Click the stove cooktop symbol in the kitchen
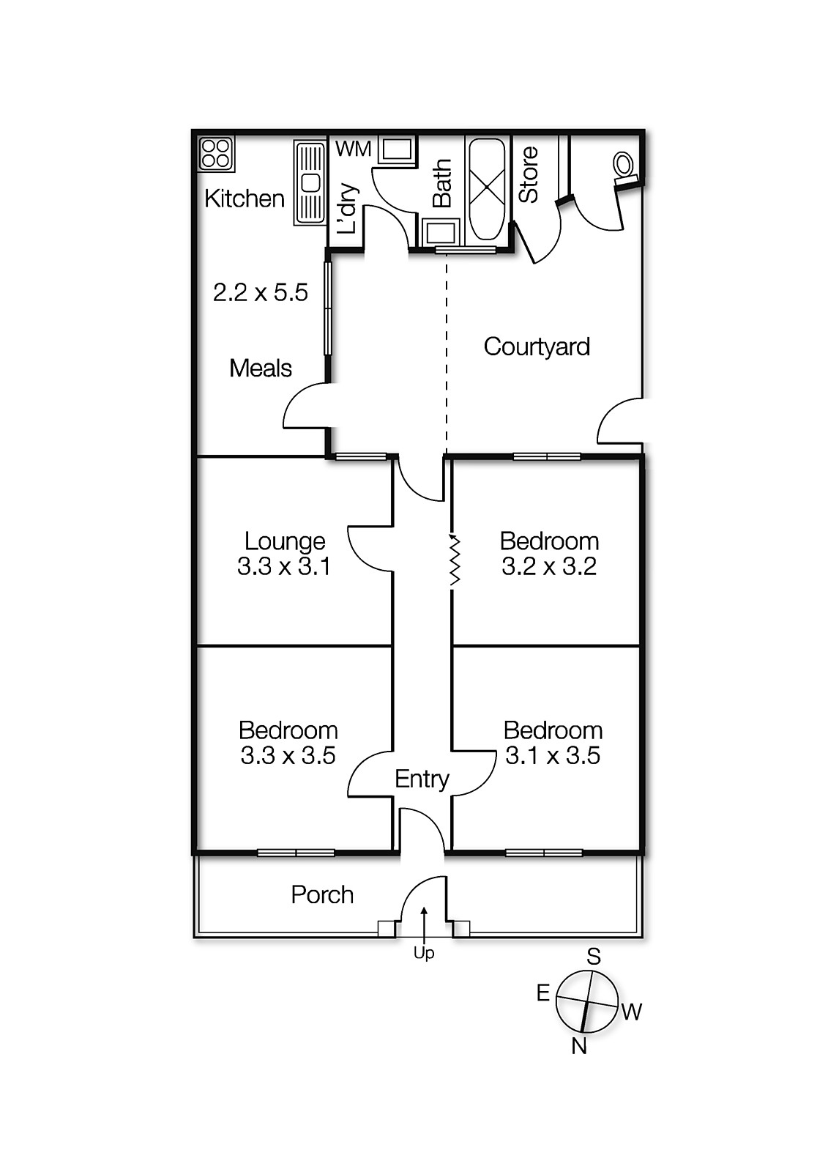[216, 155]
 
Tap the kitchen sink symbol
[310, 183]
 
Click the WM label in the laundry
[353, 149]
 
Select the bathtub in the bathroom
[487, 188]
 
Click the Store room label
[529, 174]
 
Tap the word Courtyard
[537, 346]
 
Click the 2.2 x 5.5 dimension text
[260, 293]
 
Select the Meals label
[260, 368]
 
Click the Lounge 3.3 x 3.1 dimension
[284, 566]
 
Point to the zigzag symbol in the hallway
[455, 560]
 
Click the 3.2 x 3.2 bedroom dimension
[549, 566]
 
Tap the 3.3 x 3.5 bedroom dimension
[288, 755]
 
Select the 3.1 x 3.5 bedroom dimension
[552, 755]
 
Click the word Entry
[422, 779]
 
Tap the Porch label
[322, 894]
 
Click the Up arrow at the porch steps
[424, 923]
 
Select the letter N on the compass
[579, 1046]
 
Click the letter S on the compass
[594, 957]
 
